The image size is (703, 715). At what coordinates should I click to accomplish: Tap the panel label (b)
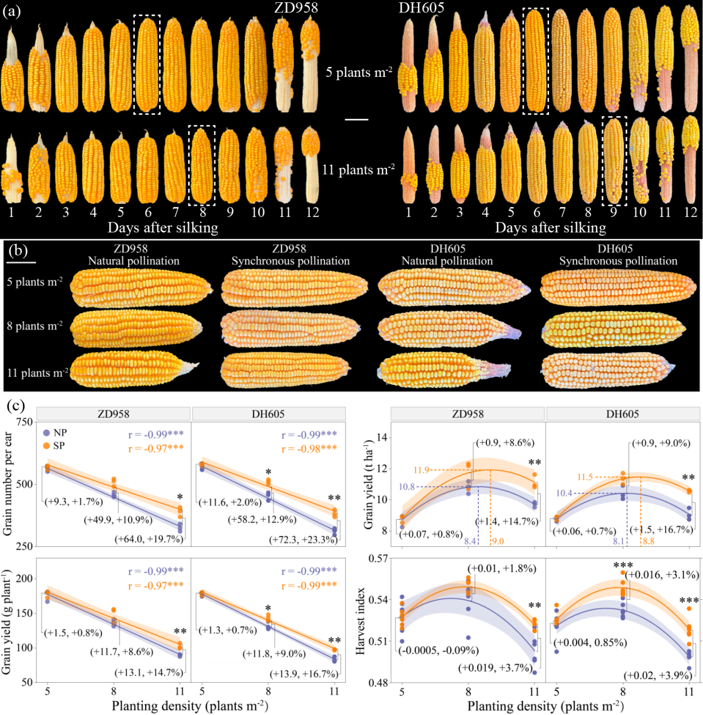[19, 251]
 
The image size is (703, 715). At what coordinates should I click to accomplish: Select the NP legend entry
[55, 433]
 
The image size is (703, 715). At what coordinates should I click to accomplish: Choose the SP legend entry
[54, 446]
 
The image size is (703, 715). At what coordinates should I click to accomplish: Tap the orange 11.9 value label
[421, 470]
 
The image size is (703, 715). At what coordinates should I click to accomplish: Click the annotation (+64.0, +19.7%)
[149, 539]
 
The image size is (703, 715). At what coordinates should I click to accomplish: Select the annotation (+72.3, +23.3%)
[303, 539]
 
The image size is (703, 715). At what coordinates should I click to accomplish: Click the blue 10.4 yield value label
[564, 493]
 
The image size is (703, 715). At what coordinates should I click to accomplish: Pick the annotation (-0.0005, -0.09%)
[438, 650]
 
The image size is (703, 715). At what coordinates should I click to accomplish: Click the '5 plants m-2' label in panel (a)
[358, 71]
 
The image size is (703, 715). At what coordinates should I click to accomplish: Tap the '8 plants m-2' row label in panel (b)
[35, 325]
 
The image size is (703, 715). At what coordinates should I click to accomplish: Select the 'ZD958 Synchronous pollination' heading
[291, 255]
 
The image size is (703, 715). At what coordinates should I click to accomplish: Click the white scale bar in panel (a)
[357, 120]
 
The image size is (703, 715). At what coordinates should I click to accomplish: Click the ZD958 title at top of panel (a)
[296, 8]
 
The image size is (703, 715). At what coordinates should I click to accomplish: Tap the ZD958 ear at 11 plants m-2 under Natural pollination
[135, 369]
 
